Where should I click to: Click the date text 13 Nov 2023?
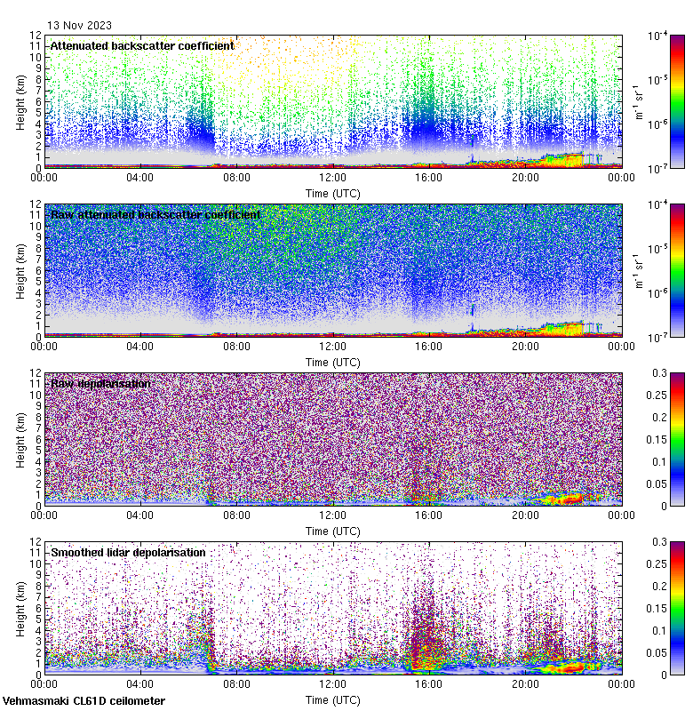(80, 25)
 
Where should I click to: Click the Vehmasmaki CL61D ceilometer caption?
(84, 701)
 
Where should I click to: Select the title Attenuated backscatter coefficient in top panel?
(142, 45)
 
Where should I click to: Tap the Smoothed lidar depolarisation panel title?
(128, 552)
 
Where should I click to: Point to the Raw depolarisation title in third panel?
(100, 383)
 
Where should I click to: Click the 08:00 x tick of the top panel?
(237, 178)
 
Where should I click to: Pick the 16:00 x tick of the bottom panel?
(429, 684)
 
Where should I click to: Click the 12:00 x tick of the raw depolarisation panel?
(333, 515)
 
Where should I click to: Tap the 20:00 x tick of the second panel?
(525, 347)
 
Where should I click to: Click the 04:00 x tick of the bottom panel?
(141, 684)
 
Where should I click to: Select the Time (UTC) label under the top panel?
(333, 193)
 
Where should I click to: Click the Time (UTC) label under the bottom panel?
(333, 699)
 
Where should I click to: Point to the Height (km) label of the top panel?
(20, 101)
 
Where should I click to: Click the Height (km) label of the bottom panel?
(20, 608)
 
